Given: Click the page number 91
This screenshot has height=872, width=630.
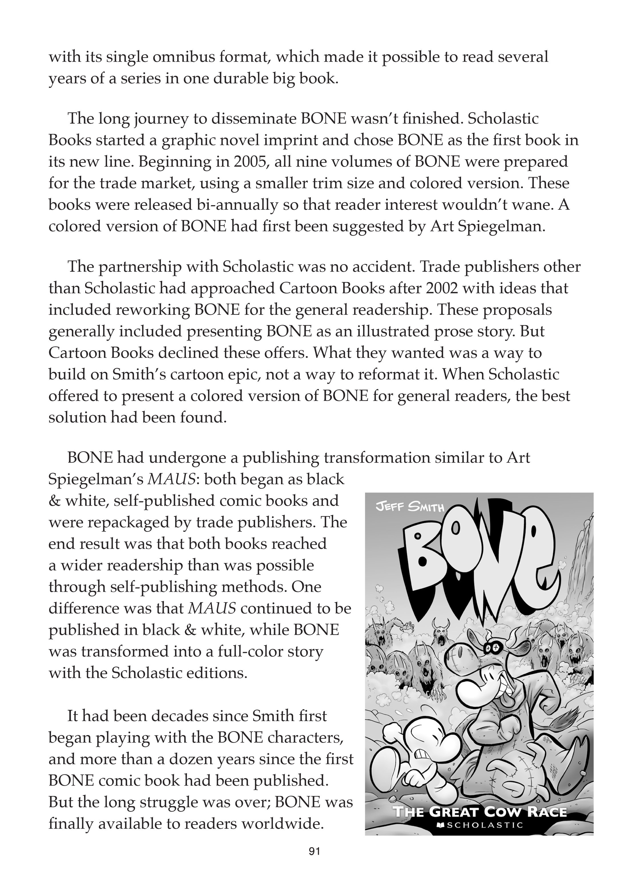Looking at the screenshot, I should [x=314, y=851].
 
